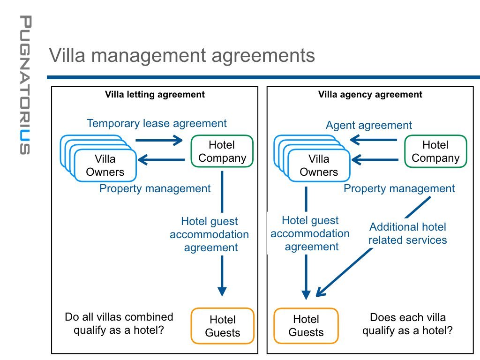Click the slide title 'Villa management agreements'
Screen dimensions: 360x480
(182, 55)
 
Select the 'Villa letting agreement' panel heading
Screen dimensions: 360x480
(155, 95)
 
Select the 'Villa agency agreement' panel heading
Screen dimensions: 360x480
(370, 95)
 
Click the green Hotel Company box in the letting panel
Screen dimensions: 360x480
(222, 151)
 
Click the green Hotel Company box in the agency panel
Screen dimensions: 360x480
(435, 151)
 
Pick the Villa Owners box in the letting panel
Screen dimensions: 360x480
(105, 165)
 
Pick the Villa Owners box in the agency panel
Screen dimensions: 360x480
(319, 165)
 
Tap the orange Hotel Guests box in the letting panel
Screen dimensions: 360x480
(222, 326)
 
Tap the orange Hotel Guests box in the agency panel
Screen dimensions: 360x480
(306, 326)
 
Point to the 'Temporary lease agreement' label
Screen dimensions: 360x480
(157, 123)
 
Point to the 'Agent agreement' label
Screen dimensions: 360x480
(369, 125)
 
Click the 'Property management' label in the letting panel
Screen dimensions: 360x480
(155, 189)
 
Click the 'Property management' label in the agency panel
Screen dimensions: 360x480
(399, 189)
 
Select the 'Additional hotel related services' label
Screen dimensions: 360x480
(407, 233)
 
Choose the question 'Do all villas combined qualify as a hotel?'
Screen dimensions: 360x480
(119, 323)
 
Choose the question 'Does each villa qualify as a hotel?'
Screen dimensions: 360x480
(407, 324)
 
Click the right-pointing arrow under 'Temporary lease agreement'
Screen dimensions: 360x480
(158, 140)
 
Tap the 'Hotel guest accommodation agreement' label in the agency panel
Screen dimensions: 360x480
(310, 233)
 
